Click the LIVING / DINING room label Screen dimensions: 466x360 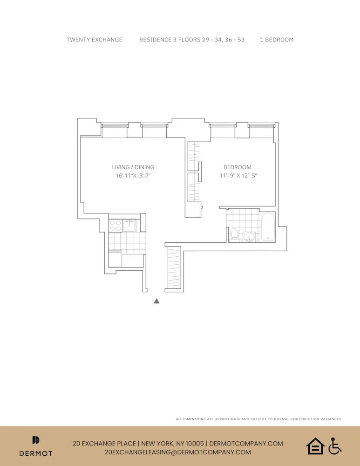(133, 167)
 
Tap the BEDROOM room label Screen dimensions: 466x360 (237, 167)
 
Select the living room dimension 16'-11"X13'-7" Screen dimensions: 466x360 (133, 176)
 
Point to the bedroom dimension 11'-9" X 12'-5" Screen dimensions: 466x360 (238, 176)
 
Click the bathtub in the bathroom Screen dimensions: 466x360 (268, 227)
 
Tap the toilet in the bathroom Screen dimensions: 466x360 (234, 233)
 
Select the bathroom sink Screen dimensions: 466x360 (249, 237)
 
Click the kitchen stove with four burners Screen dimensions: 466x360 (115, 226)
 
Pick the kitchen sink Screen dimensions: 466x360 (129, 226)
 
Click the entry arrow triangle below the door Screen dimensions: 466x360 (156, 301)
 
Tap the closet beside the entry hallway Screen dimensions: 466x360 (173, 267)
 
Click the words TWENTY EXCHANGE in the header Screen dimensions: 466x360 (95, 40)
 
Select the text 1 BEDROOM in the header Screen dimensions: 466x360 (277, 40)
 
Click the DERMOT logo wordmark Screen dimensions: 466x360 (36, 452)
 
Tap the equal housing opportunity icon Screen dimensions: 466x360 (315, 446)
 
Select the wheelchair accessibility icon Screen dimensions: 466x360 (334, 446)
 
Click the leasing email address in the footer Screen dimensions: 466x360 (178, 452)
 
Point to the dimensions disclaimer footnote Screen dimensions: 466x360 (258, 419)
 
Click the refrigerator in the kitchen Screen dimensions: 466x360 (115, 259)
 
